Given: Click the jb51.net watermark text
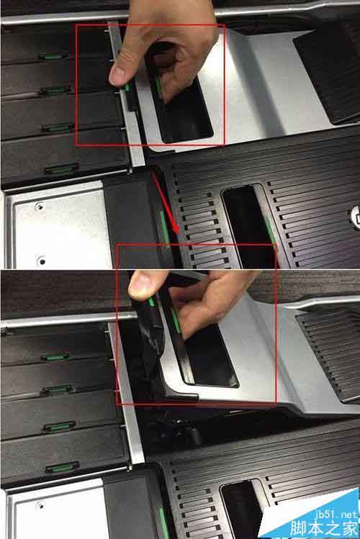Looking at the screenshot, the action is pyautogui.click(x=336, y=515).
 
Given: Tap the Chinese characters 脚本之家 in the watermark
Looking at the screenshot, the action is pyautogui.click(x=324, y=528).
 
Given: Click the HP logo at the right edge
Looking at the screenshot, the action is pyautogui.click(x=355, y=217).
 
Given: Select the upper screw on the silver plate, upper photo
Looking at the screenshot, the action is pyautogui.click(x=40, y=207).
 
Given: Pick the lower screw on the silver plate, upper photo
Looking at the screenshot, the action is pyautogui.click(x=42, y=261).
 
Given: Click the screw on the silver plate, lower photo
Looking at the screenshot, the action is pyautogui.click(x=40, y=506).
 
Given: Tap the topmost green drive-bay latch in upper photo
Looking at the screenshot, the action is pyautogui.click(x=53, y=56).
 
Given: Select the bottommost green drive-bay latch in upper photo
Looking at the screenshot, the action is pyautogui.click(x=62, y=169).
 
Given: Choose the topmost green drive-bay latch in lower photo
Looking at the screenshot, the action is pyautogui.click(x=55, y=357).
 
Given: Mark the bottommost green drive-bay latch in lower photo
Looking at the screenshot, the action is pyautogui.click(x=62, y=467).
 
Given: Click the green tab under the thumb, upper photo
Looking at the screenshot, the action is pyautogui.click(x=127, y=87).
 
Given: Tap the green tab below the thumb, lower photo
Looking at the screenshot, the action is pyautogui.click(x=151, y=302).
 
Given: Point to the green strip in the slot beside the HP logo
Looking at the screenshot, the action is pyautogui.click(x=270, y=230).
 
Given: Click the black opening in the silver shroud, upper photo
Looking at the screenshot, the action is pyautogui.click(x=183, y=100).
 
